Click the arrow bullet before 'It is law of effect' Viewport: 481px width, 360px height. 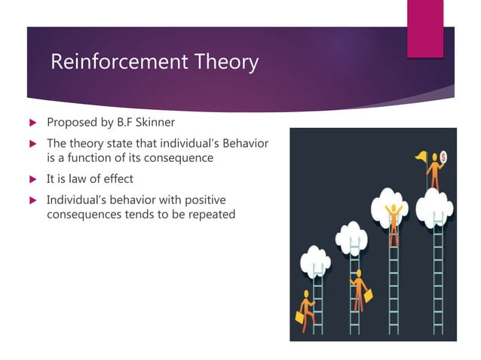pos(32,180)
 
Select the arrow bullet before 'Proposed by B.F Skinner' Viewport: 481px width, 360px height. pos(32,123)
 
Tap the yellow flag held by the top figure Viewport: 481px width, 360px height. pos(420,157)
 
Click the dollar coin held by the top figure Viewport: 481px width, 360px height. pos(443,156)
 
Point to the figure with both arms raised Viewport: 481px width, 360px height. pos(392,215)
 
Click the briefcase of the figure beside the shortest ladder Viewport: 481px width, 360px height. pos(299,319)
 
